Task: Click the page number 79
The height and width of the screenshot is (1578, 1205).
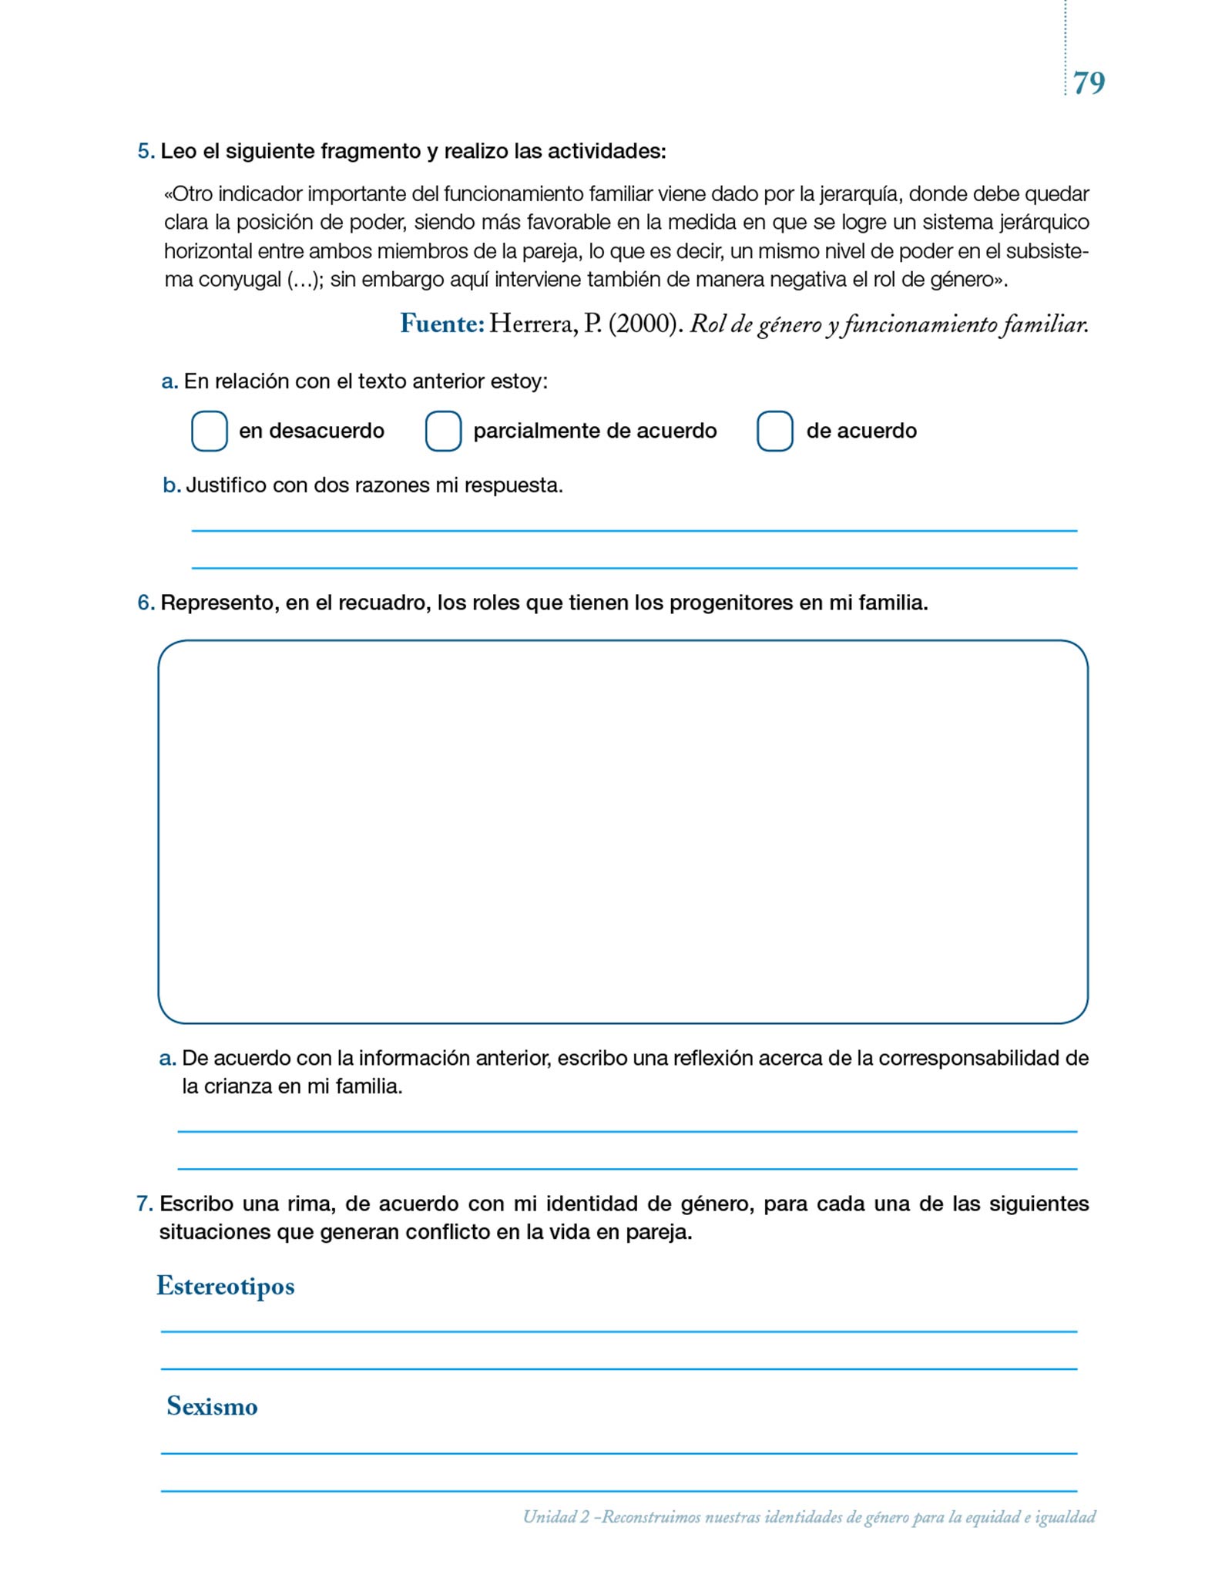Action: [x=1089, y=83]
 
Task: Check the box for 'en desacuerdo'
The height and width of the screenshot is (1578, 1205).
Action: [x=209, y=431]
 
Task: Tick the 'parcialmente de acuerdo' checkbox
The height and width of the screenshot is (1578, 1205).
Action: [x=443, y=431]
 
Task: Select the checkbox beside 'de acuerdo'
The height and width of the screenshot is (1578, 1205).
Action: [x=774, y=431]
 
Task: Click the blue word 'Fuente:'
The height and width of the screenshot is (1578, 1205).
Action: [x=441, y=324]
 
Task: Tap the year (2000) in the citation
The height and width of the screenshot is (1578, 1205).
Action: [x=645, y=324]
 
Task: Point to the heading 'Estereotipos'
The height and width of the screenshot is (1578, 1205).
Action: [x=225, y=1286]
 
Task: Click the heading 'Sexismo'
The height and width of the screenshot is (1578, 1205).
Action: [x=212, y=1406]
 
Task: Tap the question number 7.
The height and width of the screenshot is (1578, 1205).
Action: [x=144, y=1204]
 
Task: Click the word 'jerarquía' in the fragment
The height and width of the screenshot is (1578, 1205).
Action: [x=854, y=194]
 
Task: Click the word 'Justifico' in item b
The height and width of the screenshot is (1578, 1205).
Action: [x=228, y=485]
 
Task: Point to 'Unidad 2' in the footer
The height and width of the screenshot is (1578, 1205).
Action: [x=556, y=1517]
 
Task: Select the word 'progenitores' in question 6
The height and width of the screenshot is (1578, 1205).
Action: [x=731, y=603]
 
